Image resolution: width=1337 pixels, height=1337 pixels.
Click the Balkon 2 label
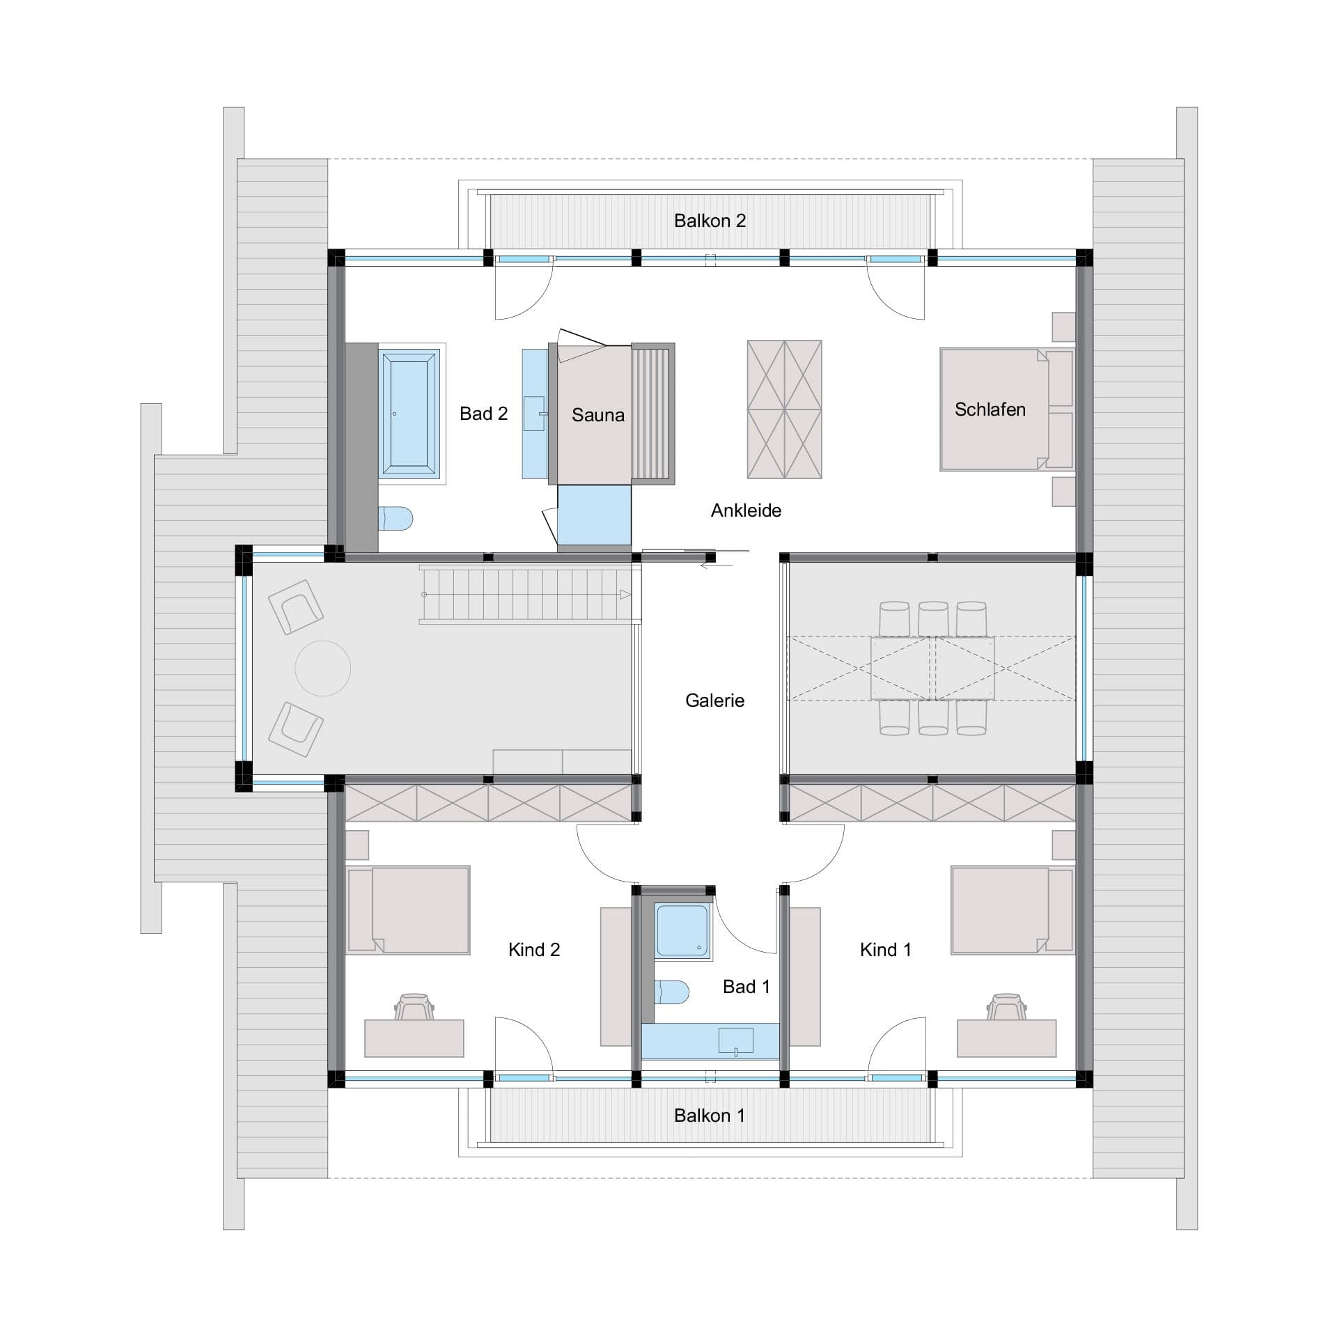click(710, 221)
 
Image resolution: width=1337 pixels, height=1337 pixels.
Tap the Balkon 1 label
click(710, 1116)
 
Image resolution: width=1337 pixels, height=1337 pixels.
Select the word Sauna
click(597, 415)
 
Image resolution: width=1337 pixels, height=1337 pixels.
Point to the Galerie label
click(714, 701)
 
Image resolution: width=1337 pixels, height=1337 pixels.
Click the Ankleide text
click(746, 510)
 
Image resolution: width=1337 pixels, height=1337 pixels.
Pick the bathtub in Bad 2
click(409, 414)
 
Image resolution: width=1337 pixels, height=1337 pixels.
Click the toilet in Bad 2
click(396, 518)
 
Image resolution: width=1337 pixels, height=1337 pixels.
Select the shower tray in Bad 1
click(682, 930)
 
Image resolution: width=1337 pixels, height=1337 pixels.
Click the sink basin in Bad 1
click(735, 1040)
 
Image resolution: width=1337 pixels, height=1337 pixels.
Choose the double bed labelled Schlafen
click(1006, 409)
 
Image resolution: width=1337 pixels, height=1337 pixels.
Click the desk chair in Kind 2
click(414, 1006)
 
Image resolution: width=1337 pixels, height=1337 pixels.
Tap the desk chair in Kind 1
click(1007, 1006)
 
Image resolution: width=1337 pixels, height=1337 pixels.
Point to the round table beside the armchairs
click(322, 668)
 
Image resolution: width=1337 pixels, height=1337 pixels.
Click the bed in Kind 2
click(409, 909)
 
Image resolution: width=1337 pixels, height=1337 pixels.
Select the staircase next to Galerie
click(529, 595)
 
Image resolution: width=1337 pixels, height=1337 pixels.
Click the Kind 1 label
click(885, 950)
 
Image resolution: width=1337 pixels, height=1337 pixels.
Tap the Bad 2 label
click(483, 414)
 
